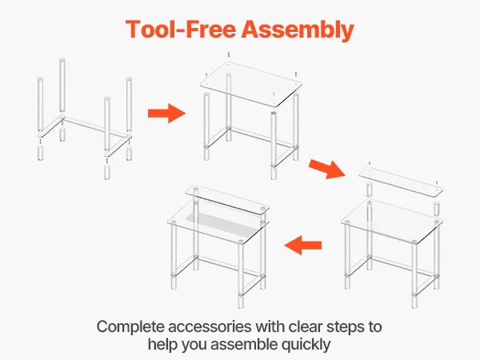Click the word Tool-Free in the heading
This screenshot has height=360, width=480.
[181, 29]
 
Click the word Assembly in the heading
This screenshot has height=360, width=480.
[298, 30]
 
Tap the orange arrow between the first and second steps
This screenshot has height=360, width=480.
[167, 114]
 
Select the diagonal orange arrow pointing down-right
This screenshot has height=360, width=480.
[327, 168]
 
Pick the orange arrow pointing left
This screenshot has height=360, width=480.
[303, 245]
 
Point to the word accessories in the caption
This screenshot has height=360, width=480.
[211, 327]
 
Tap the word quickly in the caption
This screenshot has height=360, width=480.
[306, 344]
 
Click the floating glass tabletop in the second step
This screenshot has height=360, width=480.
[251, 83]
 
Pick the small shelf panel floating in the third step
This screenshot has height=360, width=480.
[401, 182]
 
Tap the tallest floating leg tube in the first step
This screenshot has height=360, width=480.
[62, 85]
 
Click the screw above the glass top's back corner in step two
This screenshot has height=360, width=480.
[229, 55]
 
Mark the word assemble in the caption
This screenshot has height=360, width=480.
[244, 344]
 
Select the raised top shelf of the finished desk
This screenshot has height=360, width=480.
[227, 199]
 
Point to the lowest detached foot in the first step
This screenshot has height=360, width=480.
[107, 172]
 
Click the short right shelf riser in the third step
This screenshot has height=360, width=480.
[437, 208]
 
